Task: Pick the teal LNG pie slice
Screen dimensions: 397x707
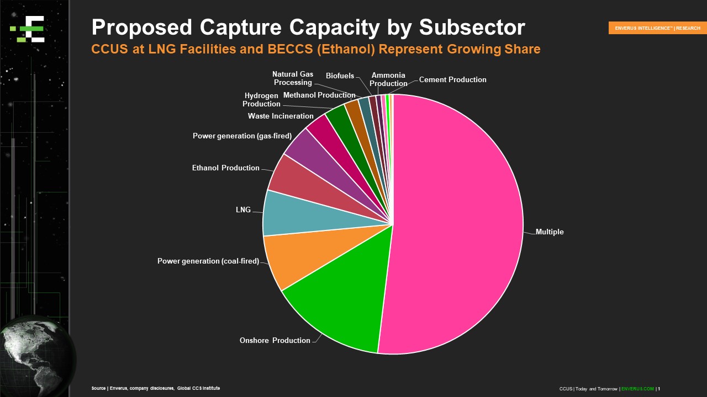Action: pyautogui.click(x=287, y=212)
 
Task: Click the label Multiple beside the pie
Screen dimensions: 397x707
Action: pyautogui.click(x=550, y=232)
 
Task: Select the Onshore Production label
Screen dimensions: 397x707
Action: pyautogui.click(x=275, y=340)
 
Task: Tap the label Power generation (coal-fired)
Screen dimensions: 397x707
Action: pyautogui.click(x=208, y=261)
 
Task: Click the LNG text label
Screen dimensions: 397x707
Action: pyautogui.click(x=243, y=210)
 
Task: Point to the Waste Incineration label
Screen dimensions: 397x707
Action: pyautogui.click(x=281, y=116)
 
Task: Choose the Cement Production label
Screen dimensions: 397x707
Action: pyautogui.click(x=452, y=79)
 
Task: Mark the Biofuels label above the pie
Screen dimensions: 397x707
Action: pyautogui.click(x=340, y=76)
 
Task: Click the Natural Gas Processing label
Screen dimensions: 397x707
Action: pyautogui.click(x=293, y=78)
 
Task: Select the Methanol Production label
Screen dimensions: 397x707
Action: pyautogui.click(x=319, y=95)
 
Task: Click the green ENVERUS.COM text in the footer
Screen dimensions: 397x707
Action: pyautogui.click(x=637, y=389)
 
